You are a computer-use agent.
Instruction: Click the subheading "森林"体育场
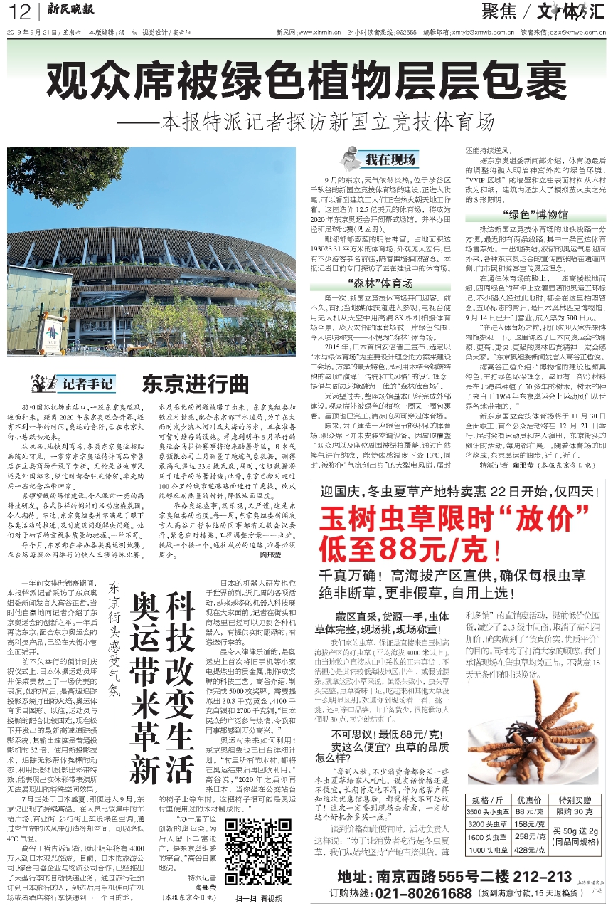click(377, 283)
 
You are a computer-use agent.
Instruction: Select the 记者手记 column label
click(82, 384)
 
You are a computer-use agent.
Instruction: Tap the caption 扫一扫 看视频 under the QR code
click(253, 898)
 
